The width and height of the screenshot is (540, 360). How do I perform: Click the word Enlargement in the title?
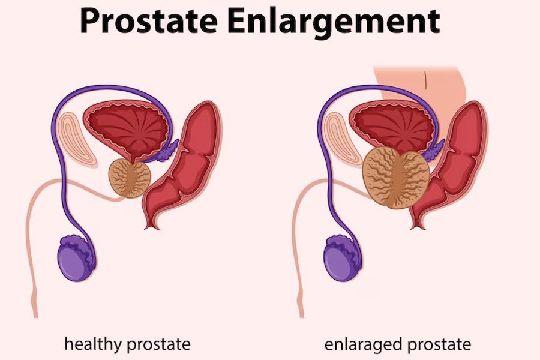point(338,22)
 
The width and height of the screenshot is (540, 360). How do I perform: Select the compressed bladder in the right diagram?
point(394,124)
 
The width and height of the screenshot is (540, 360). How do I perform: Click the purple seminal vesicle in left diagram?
point(169,151)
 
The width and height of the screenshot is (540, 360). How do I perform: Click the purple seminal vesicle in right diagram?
point(433,150)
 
